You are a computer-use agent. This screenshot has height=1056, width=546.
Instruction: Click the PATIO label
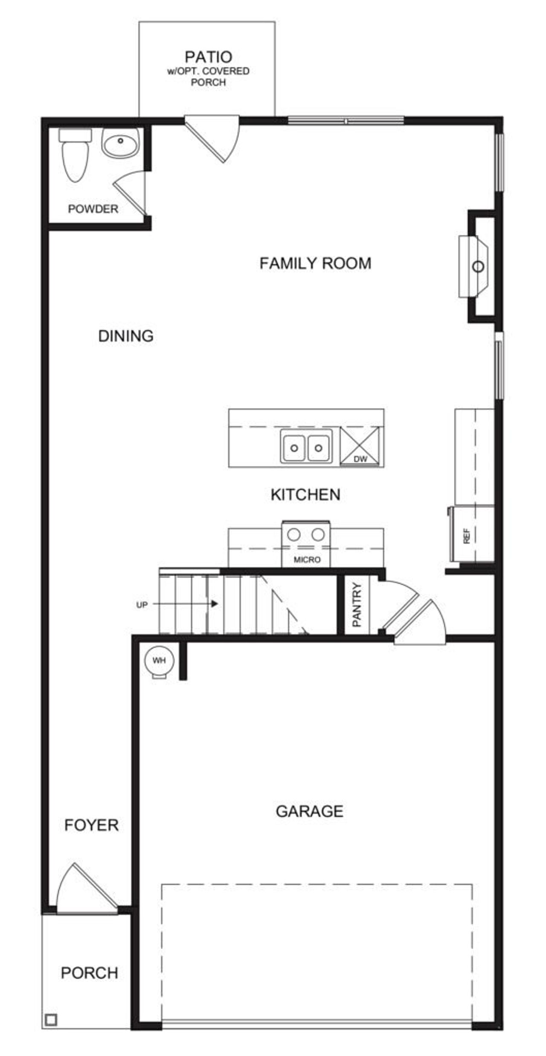208,57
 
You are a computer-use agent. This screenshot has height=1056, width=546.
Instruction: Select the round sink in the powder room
121,142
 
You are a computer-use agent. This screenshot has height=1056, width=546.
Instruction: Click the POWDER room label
93,209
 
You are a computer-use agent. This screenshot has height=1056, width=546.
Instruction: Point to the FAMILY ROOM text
315,263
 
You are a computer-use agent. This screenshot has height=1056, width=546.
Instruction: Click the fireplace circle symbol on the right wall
478,267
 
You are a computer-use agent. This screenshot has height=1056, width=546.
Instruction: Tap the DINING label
126,336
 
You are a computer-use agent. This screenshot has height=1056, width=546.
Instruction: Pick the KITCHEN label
305,495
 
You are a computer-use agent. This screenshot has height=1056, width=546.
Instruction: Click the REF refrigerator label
467,536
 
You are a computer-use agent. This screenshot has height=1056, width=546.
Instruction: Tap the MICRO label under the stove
307,560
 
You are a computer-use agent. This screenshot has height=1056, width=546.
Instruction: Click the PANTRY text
357,604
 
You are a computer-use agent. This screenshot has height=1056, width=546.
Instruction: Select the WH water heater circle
159,661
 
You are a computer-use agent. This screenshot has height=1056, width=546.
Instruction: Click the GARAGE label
309,811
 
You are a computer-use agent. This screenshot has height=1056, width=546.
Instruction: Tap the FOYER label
91,825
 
